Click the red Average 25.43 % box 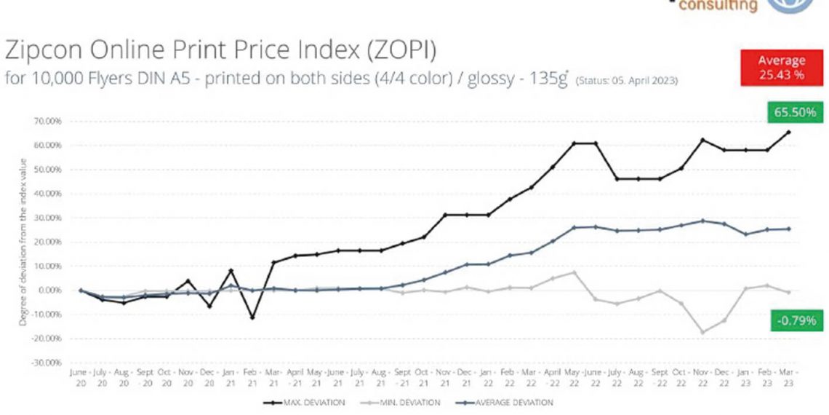782,66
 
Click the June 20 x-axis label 80,376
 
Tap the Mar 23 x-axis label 788,376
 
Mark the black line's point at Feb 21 252,317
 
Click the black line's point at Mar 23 789,133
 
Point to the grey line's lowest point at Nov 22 703,333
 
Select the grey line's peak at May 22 574,272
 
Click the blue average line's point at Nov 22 703,221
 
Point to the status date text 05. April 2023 640,80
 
